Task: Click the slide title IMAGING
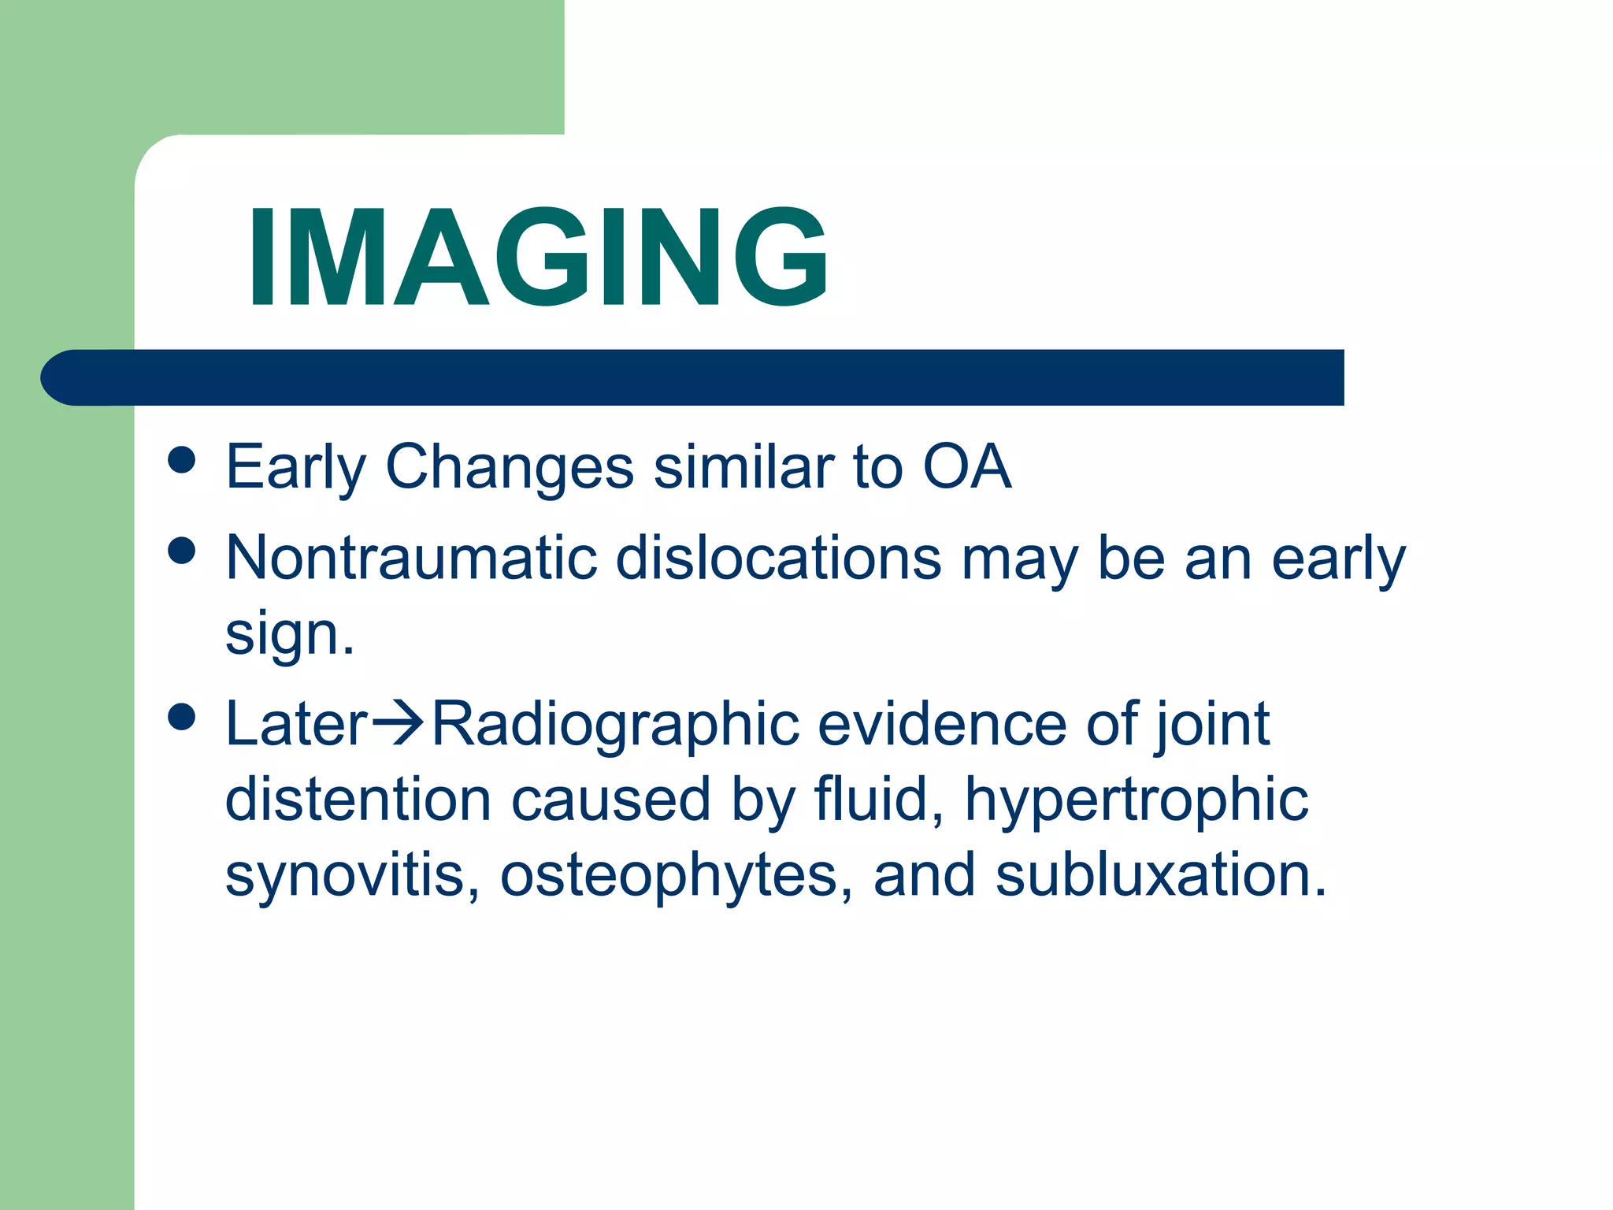[x=539, y=258]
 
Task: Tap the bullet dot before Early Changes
[x=182, y=460]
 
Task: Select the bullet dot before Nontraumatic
[x=182, y=551]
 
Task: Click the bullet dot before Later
[x=182, y=717]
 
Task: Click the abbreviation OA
[x=967, y=466]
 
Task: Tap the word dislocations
[x=778, y=558]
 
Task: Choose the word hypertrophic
[x=1137, y=800]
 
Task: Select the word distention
[x=358, y=799]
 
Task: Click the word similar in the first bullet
[x=743, y=466]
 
